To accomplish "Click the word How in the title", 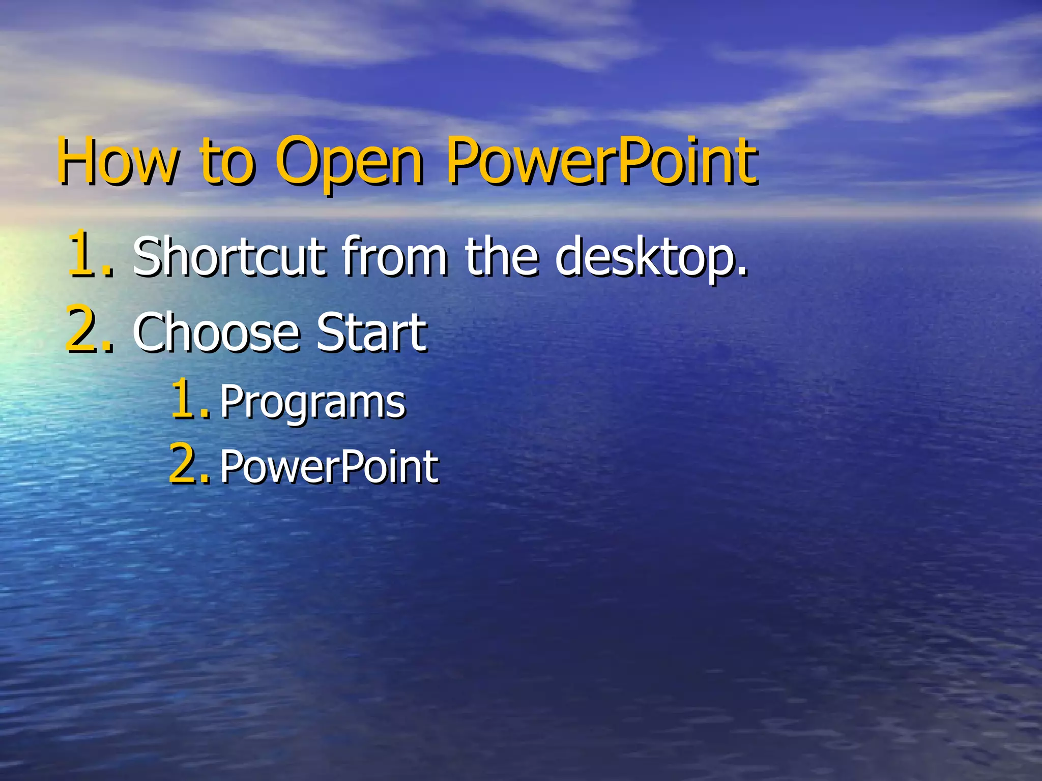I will (118, 162).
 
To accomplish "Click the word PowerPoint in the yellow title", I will (601, 162).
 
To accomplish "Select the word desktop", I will (644, 257).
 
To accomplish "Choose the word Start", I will (371, 333).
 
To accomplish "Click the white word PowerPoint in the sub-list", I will (329, 466).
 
